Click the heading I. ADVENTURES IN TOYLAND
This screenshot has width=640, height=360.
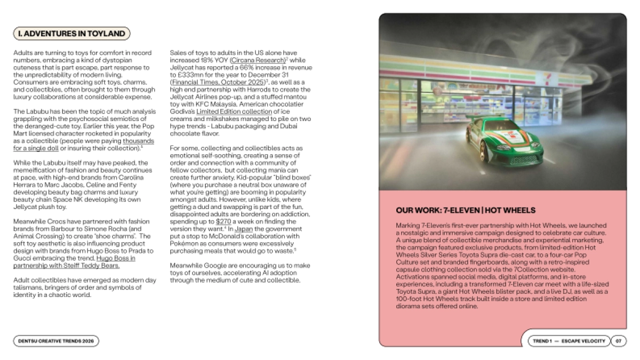coord(71,34)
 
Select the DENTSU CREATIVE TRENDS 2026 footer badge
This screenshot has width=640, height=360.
coord(56,341)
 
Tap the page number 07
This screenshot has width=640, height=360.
coord(618,341)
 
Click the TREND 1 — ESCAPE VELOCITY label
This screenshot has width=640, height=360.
coord(569,341)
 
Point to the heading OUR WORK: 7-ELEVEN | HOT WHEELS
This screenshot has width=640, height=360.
coord(466,210)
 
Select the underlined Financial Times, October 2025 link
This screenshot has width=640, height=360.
coord(218,83)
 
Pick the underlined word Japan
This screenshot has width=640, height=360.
coord(244,228)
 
